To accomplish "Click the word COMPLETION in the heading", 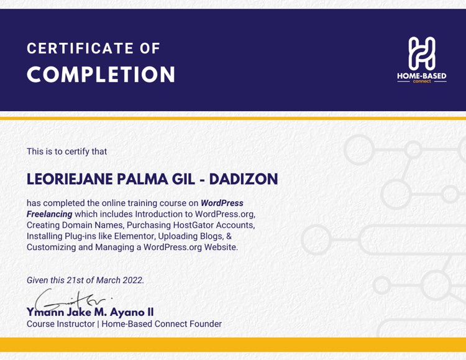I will (101, 75).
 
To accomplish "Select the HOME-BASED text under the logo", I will (422, 76).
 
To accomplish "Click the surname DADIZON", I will (244, 179).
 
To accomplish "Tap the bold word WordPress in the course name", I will (222, 203).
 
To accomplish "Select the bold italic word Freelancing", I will (49, 214).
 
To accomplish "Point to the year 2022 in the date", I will (132, 280).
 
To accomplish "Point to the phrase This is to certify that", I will (66, 151).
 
